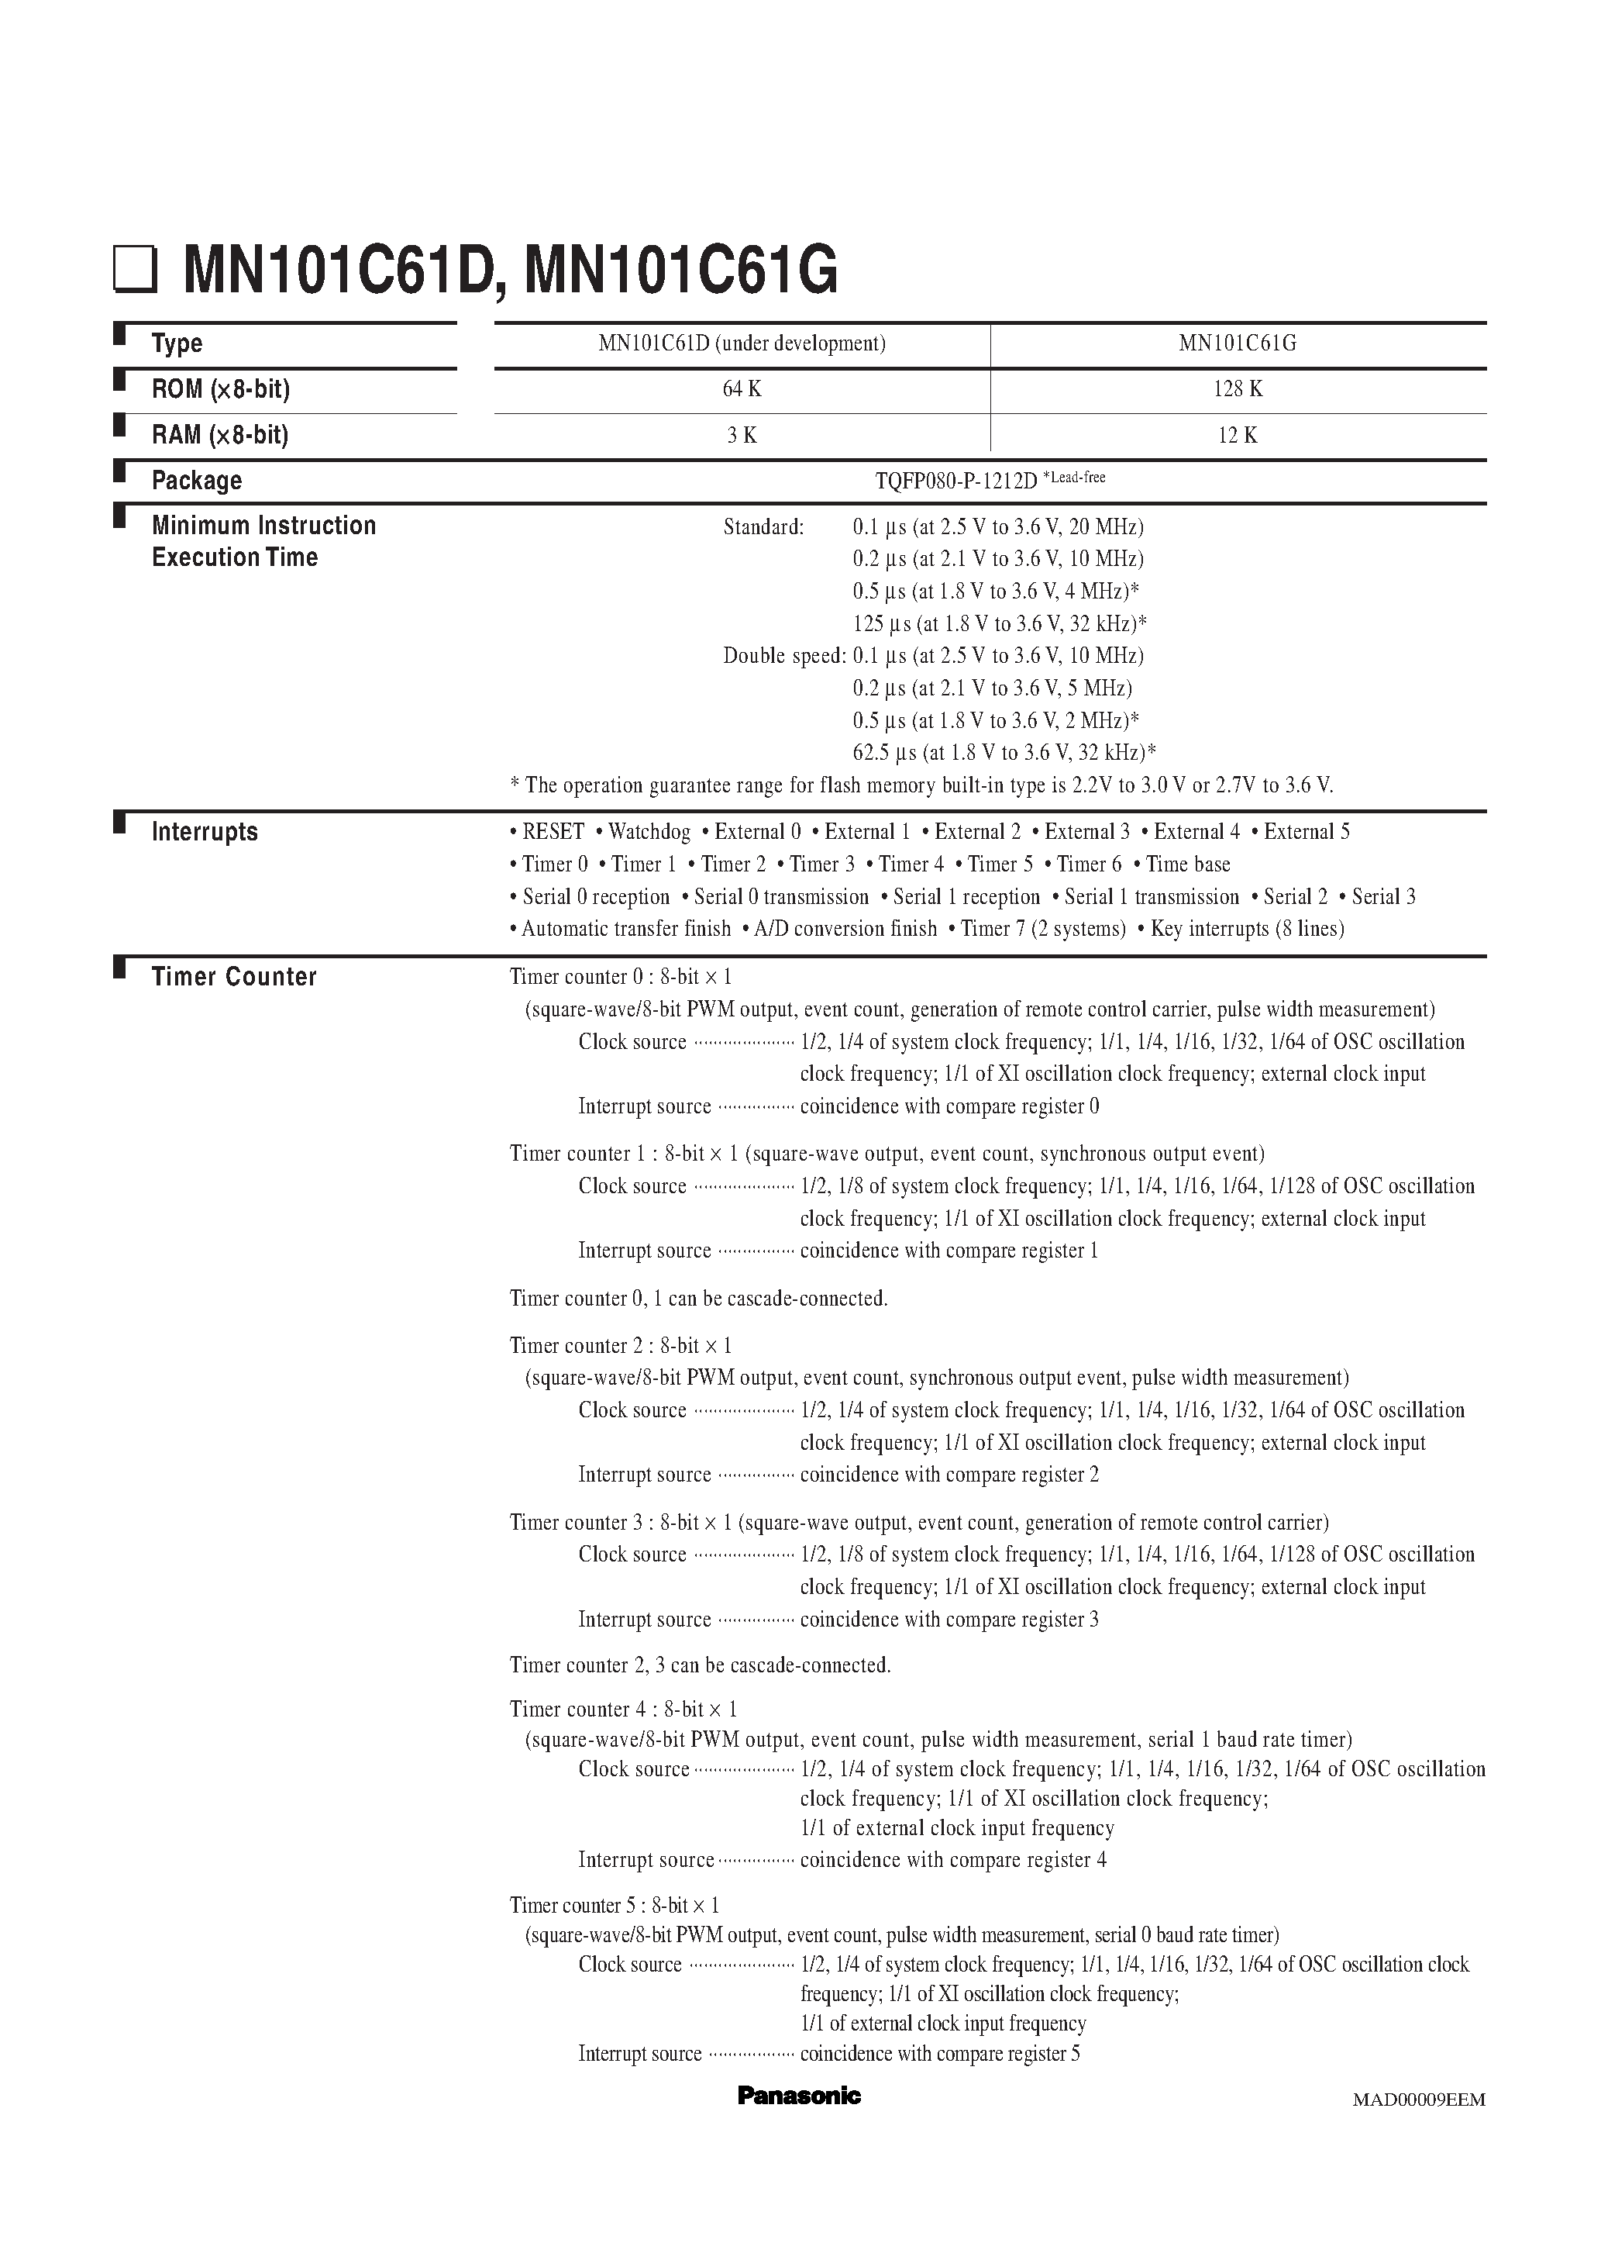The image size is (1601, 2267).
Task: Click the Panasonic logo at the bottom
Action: click(798, 2095)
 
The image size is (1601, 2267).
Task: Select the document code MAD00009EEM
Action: click(1418, 2100)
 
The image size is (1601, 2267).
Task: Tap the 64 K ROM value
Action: click(742, 389)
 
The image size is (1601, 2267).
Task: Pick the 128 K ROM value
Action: click(1238, 389)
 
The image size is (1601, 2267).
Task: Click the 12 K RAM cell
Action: click(1238, 436)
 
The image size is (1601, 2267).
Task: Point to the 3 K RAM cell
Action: click(742, 436)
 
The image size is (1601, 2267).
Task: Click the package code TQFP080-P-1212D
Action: click(955, 481)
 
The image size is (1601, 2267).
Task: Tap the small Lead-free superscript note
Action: click(1075, 477)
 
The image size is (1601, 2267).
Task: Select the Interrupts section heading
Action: click(205, 833)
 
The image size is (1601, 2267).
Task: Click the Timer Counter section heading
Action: click(234, 977)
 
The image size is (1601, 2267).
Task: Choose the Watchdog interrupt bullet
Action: click(648, 833)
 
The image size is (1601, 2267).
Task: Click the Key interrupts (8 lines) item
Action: click(1247, 928)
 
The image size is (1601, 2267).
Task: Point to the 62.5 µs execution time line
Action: click(1004, 752)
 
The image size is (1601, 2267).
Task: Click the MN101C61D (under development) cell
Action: click(742, 343)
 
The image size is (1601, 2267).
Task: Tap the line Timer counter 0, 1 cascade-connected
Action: click(698, 1299)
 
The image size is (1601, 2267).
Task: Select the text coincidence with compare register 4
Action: click(952, 1860)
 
